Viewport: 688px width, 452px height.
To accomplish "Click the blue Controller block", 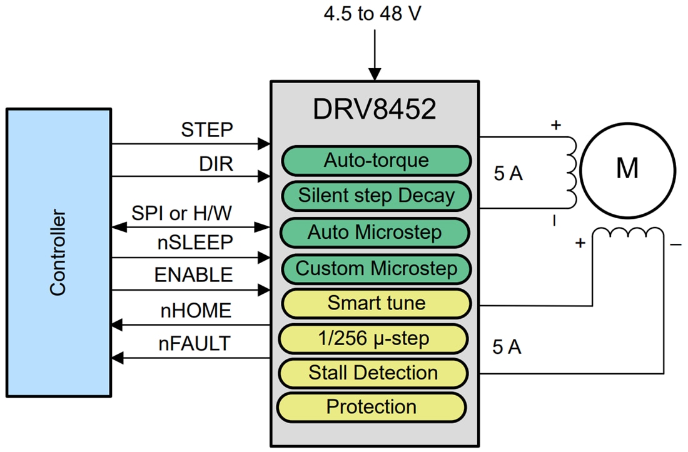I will coord(59,253).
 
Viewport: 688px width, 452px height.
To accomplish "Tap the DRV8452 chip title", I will coord(374,110).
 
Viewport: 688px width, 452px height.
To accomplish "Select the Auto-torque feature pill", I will coord(376,161).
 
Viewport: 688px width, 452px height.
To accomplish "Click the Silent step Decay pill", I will coord(376,196).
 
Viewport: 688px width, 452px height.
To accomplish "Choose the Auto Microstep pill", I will coord(375,233).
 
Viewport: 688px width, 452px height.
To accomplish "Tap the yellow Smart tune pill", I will coord(375,304).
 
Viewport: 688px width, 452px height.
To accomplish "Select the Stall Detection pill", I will coord(373,373).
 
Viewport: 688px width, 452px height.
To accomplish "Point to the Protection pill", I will coord(372,407).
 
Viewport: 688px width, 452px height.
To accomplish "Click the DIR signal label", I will coord(216,164).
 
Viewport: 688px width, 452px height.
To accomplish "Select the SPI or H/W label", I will coord(181,213).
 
